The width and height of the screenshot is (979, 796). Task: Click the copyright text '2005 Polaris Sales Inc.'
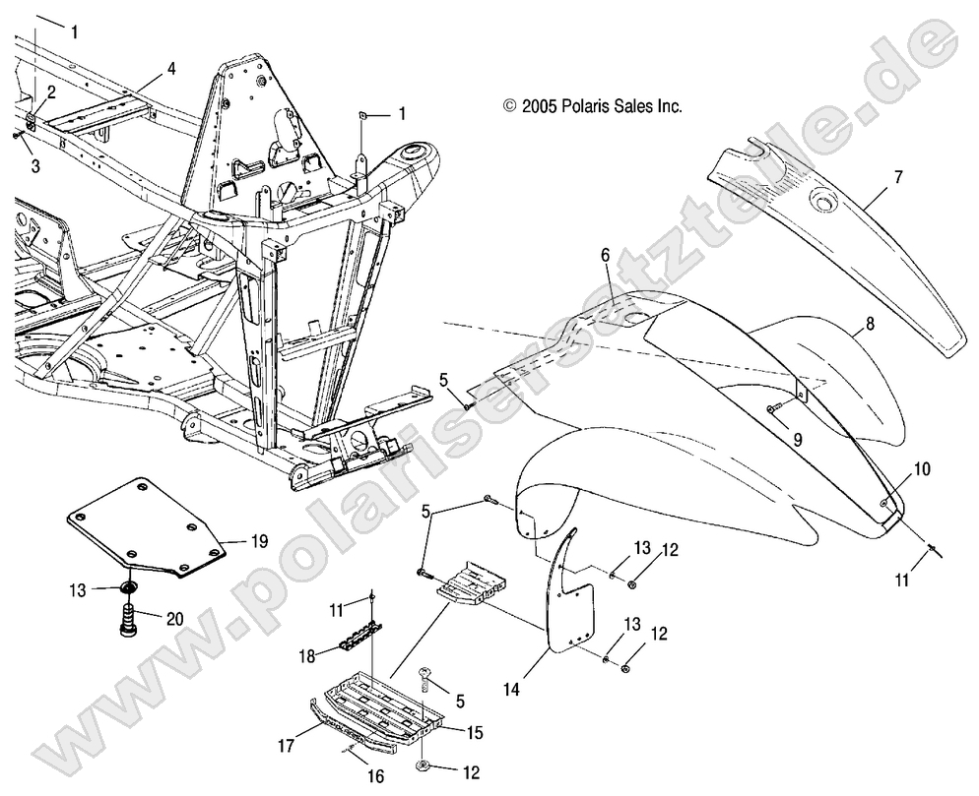point(593,105)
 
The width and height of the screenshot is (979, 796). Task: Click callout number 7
point(897,176)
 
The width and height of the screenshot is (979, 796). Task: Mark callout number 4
point(171,69)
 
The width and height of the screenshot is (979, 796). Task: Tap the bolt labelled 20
point(130,622)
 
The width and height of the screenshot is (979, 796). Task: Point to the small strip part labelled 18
point(360,640)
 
